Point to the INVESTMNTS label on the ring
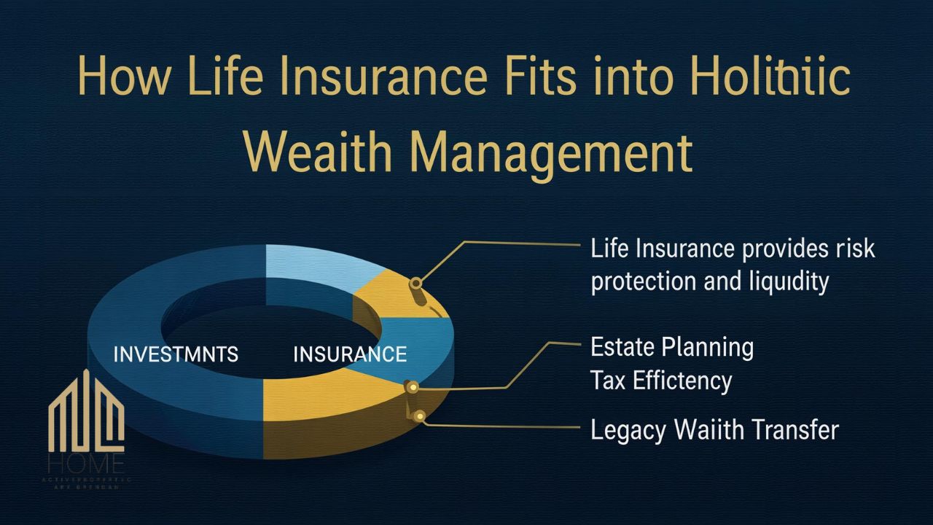point(176,354)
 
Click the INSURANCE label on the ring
point(350,354)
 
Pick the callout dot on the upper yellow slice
point(415,283)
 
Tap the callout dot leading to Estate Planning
point(411,386)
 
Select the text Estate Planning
point(671,347)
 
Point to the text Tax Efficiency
point(660,380)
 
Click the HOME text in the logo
point(86,463)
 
